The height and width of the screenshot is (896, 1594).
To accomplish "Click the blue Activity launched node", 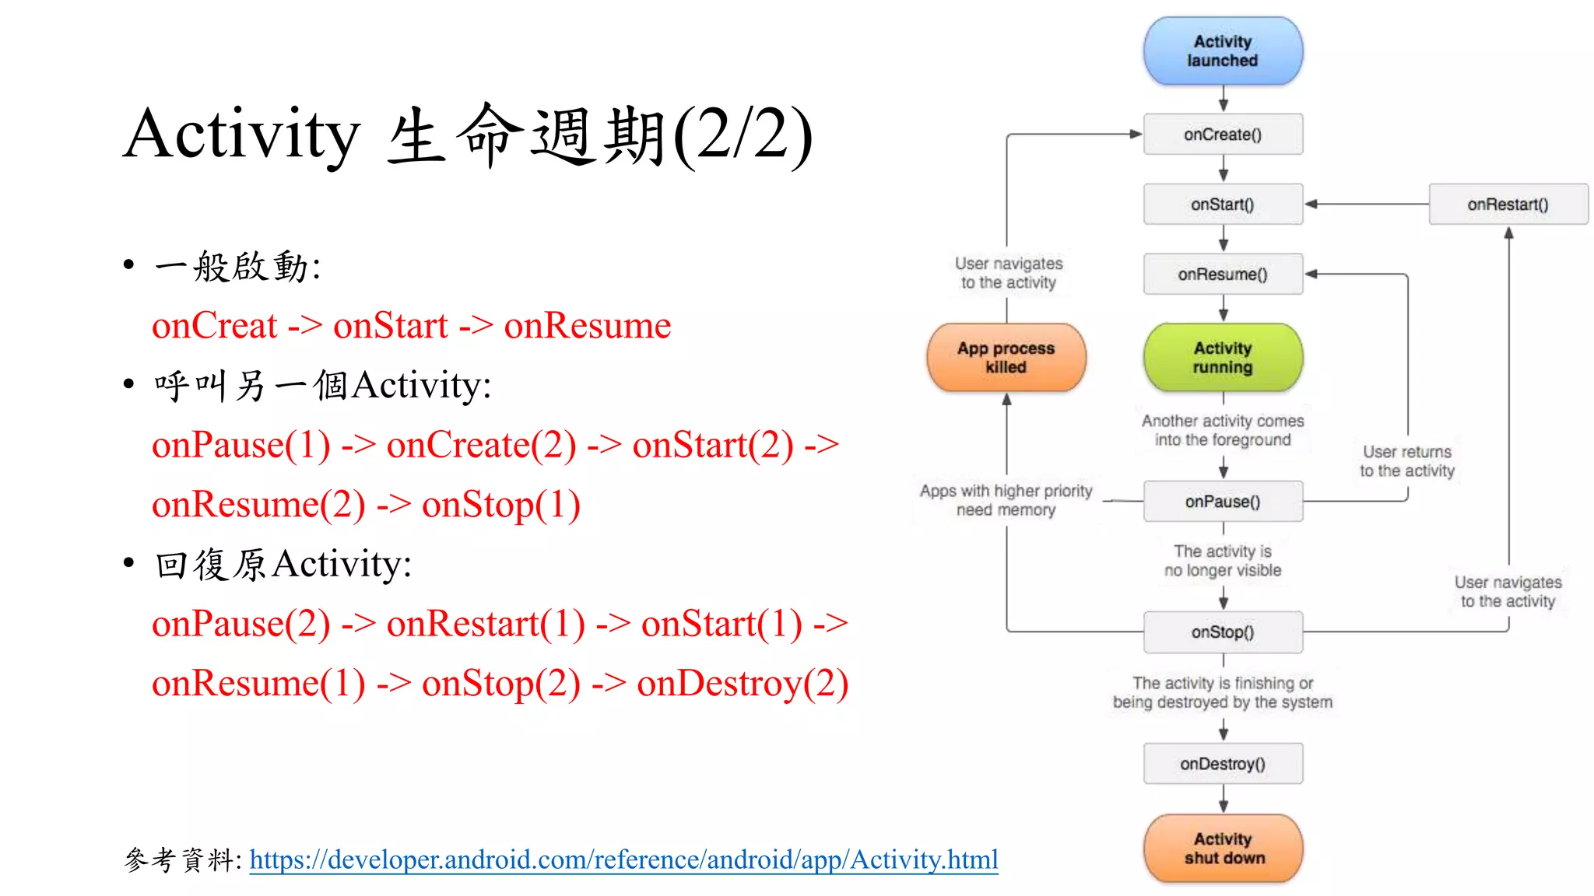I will click(x=1222, y=51).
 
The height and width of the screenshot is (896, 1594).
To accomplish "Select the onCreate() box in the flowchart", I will click(x=1222, y=135).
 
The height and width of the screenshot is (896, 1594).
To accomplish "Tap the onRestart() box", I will click(x=1508, y=205).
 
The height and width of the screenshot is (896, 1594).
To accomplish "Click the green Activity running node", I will click(x=1222, y=358).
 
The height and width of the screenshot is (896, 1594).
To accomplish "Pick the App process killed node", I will click(x=1006, y=358).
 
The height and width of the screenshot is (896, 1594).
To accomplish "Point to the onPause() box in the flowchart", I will click(x=1222, y=502).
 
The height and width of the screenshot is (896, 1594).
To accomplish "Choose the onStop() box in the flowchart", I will click(x=1222, y=632).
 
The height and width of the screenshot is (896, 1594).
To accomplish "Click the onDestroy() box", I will click(x=1222, y=764).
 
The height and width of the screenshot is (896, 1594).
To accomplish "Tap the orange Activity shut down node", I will click(x=1224, y=849).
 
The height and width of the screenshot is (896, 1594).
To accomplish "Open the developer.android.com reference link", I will click(x=623, y=859).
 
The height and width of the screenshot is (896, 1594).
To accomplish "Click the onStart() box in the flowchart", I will click(x=1222, y=205).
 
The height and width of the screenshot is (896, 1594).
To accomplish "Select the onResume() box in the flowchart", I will click(x=1222, y=275).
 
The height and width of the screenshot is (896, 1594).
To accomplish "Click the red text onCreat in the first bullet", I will click(x=214, y=326).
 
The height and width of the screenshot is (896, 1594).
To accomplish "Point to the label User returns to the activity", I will click(x=1406, y=461).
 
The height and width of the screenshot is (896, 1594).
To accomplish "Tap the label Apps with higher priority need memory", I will click(x=1006, y=500).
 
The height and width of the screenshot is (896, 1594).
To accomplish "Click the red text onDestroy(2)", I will click(x=742, y=684).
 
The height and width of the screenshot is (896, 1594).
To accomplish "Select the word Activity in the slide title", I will click(x=241, y=135).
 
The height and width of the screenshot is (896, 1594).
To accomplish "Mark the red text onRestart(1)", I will click(x=485, y=624).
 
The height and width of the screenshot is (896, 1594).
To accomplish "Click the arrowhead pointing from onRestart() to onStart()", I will click(x=1311, y=205).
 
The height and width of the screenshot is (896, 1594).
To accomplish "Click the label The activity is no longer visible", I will click(x=1222, y=561).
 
